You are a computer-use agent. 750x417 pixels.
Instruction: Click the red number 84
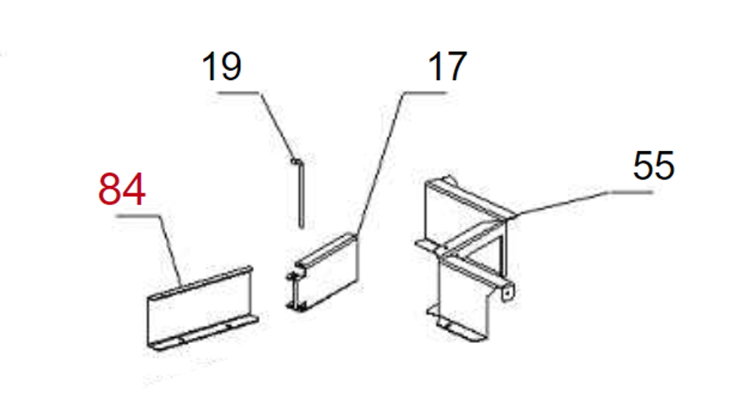(122, 189)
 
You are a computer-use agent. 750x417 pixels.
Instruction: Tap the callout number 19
(222, 67)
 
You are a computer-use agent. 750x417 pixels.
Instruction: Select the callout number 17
(447, 67)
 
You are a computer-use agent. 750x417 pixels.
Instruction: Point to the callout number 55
(653, 165)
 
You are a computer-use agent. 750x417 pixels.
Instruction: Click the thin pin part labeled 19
(300, 193)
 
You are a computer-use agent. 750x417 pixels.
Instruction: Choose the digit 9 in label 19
(231, 67)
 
